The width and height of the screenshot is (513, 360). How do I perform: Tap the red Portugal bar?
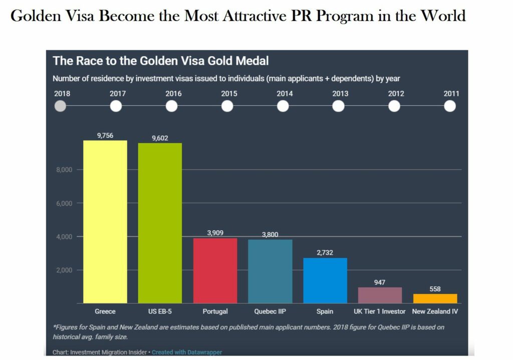[215, 270]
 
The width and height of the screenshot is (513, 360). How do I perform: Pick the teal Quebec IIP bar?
[270, 271]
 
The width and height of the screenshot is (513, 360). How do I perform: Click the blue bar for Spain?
[325, 280]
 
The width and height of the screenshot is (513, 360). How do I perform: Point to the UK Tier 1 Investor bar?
[380, 295]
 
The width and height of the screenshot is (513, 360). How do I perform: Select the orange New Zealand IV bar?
[435, 298]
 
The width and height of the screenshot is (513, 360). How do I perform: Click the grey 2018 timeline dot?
[60, 106]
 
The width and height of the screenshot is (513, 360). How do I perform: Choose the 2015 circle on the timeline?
[227, 106]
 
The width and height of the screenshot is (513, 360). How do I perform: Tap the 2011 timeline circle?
[450, 106]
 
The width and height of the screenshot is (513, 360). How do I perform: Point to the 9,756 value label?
[105, 135]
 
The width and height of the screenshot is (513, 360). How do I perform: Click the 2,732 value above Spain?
[325, 253]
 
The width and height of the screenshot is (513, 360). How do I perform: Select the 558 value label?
[435, 289]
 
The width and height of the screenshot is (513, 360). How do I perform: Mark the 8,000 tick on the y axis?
[64, 170]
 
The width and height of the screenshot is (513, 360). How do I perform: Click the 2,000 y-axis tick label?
[64, 270]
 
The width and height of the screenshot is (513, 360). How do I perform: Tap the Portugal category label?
[215, 311]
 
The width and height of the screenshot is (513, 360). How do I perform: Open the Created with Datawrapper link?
[187, 352]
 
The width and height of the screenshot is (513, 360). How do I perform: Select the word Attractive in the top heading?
[266, 17]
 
